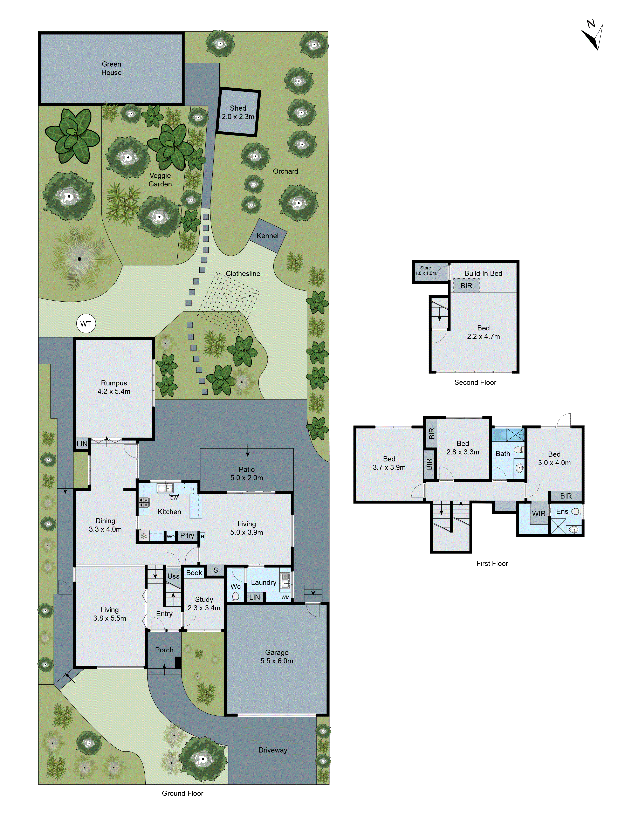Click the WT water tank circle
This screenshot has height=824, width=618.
pos(86,324)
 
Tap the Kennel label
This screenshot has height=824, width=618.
pos(267,235)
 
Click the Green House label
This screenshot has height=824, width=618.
pos(111,68)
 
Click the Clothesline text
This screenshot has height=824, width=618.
pos(243,273)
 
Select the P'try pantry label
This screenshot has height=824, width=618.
pos(187,535)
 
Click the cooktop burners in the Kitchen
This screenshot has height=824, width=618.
pos(144,502)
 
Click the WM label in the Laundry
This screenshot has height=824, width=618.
pos(285,597)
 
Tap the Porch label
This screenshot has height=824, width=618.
pos(164,650)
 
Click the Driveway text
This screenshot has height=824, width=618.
pos(273,750)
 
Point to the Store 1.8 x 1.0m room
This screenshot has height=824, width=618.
pos(425,271)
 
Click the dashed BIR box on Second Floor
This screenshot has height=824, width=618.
pos(466,285)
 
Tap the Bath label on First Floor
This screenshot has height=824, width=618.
pos(502,453)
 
